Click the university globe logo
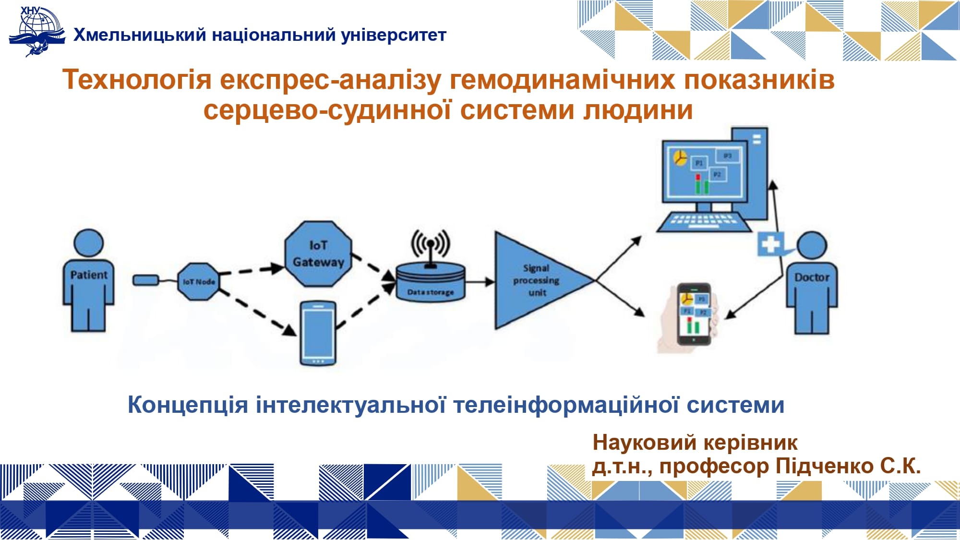coord(37,32)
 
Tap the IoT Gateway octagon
coord(318,254)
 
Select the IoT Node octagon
coord(198,282)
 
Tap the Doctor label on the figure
coord(812,277)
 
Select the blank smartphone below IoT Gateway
coord(318,333)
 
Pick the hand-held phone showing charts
coord(693,314)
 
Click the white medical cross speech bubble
coord(770,244)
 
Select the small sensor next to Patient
coord(145,279)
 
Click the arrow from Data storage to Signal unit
coord(480,282)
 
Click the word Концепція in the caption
coord(188,405)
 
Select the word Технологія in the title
coord(137,80)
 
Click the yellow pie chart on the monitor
coord(680,157)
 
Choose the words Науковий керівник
coord(695,442)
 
